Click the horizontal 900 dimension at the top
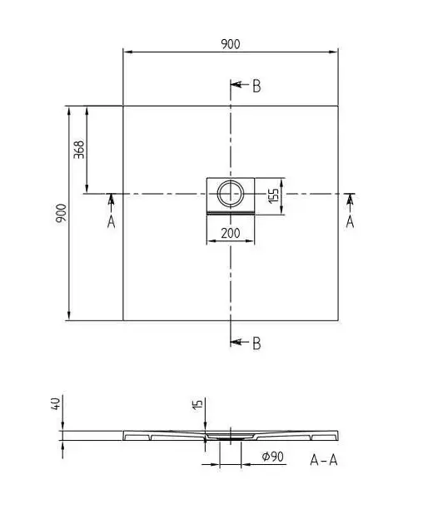pyautogui.click(x=231, y=44)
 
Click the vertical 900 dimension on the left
pyautogui.click(x=62, y=213)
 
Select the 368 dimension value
pyautogui.click(x=79, y=150)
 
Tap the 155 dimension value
pyautogui.click(x=273, y=195)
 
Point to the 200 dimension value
pyautogui.click(x=231, y=233)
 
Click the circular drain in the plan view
pyautogui.click(x=231, y=193)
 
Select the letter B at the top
pyautogui.click(x=256, y=87)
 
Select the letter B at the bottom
pyautogui.click(x=256, y=344)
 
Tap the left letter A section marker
pyautogui.click(x=111, y=221)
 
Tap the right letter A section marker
pyautogui.click(x=350, y=221)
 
